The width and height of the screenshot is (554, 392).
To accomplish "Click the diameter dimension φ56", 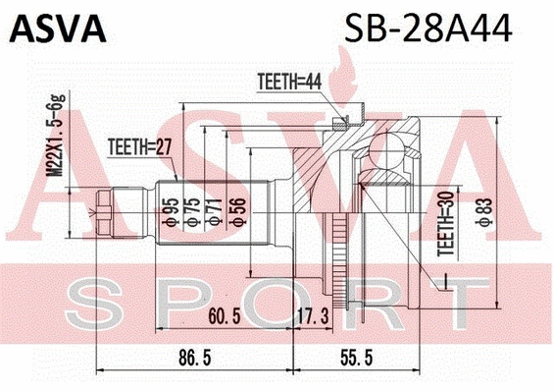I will [232, 212].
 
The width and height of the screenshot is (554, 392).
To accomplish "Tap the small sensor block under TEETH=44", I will [338, 123].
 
